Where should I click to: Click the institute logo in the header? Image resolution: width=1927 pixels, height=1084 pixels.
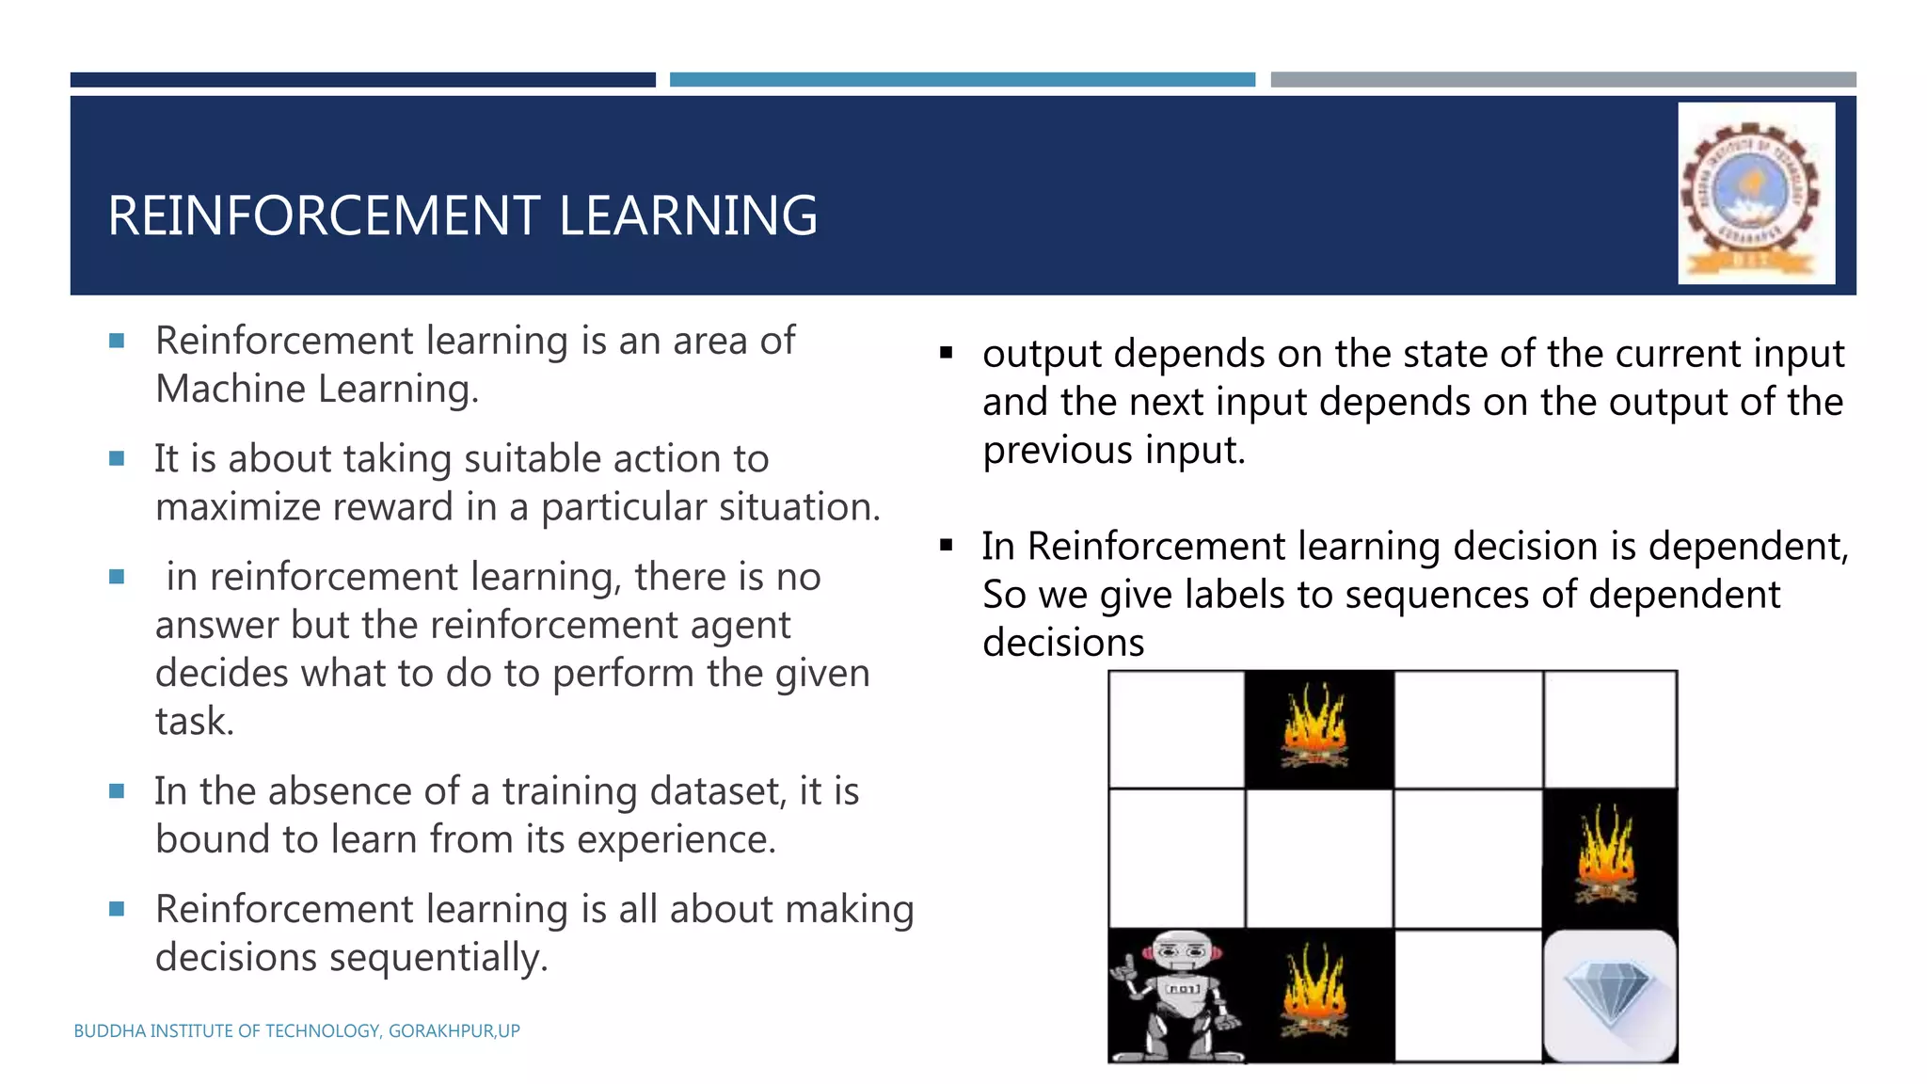tap(1755, 193)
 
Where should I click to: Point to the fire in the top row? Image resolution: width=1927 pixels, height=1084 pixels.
tap(1316, 727)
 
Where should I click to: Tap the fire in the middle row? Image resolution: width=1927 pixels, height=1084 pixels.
tap(1609, 856)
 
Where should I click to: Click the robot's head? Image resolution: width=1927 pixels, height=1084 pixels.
tap(1182, 952)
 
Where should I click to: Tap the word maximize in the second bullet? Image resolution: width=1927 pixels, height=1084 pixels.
tap(238, 508)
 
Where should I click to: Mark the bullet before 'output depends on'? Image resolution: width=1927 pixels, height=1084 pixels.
tap(946, 354)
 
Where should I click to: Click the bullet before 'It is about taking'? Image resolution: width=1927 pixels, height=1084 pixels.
tap(117, 459)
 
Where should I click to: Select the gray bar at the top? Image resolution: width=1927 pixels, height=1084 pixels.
tap(1563, 80)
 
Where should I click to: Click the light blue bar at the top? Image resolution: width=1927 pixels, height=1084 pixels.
tap(962, 80)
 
